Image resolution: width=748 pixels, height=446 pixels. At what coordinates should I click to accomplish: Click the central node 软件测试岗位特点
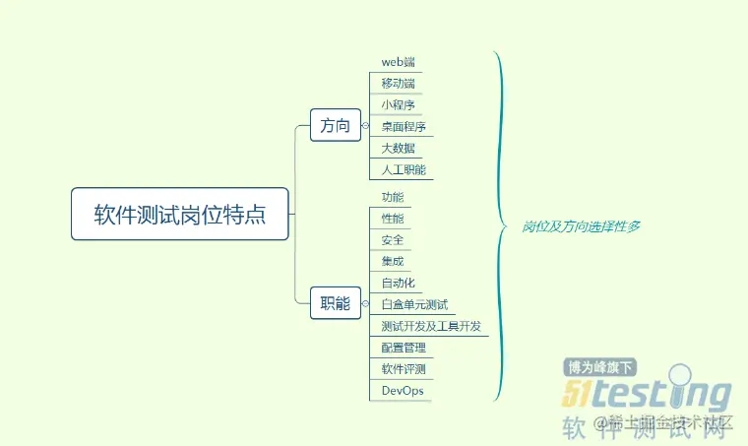(180, 214)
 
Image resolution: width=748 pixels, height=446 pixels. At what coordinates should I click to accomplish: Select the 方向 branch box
(336, 125)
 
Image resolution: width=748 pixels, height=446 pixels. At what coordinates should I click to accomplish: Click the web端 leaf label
(398, 62)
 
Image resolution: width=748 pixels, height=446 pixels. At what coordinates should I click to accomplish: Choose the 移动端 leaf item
(398, 84)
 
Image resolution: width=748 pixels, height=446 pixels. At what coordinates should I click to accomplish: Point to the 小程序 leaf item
(398, 105)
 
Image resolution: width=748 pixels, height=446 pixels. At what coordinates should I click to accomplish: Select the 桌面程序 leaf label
(404, 127)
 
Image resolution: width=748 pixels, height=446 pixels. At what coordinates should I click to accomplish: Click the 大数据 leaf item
(398, 149)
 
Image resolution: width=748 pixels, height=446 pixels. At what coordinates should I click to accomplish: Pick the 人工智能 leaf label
(404, 170)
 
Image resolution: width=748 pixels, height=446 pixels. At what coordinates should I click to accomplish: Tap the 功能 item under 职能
(392, 197)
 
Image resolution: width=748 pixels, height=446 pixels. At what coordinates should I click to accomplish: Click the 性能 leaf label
(392, 219)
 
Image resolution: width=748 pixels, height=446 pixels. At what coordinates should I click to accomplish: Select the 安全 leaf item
(392, 240)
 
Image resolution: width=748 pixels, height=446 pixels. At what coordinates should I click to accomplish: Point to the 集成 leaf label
(392, 262)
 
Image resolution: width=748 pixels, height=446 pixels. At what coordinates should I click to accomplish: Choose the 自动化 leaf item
(398, 284)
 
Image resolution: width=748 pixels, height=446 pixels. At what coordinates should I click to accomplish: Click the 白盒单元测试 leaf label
(414, 305)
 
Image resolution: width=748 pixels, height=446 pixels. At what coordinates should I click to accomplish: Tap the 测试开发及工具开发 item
(431, 326)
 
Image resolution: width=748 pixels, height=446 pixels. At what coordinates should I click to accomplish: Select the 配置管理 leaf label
(404, 348)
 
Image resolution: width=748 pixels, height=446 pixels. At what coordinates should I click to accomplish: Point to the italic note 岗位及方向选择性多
(581, 225)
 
